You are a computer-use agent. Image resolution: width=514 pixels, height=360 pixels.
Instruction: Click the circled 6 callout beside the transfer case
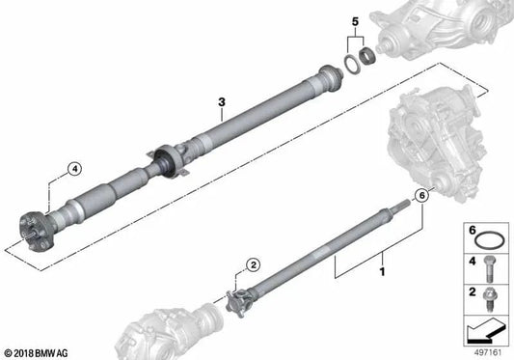419,196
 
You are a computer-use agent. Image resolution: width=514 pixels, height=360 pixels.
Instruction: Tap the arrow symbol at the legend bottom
482,330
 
